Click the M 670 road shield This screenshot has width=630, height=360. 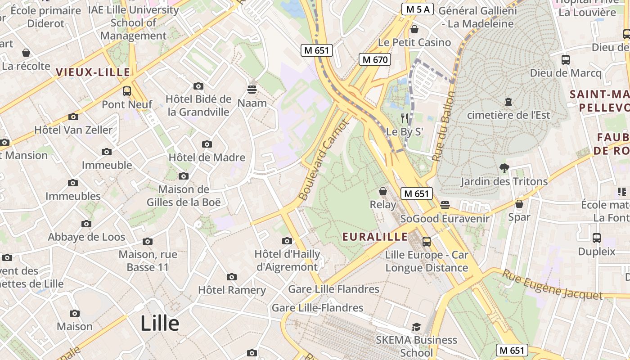[x=374, y=59]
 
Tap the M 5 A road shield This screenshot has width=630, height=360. [x=417, y=9]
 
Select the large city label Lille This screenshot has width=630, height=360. [x=160, y=323]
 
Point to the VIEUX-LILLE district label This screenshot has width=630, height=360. [x=93, y=72]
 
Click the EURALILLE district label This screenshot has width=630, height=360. [x=375, y=237]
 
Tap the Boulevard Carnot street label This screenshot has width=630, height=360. [x=324, y=160]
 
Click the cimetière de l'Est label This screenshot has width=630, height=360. [x=508, y=115]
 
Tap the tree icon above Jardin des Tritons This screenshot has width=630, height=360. [x=504, y=168]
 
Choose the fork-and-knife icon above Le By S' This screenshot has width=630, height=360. [x=405, y=118]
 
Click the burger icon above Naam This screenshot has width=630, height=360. [x=252, y=89]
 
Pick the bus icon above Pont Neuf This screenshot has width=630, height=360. [x=127, y=91]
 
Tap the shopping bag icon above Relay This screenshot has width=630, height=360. [x=383, y=192]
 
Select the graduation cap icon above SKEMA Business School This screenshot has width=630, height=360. [x=416, y=327]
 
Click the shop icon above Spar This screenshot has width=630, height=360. [x=519, y=204]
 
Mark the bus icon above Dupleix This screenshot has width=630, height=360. [x=596, y=238]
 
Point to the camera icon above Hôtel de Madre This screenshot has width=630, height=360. [x=207, y=144]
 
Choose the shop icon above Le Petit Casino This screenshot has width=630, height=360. [x=414, y=29]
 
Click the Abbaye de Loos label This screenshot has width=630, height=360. [x=86, y=237]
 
